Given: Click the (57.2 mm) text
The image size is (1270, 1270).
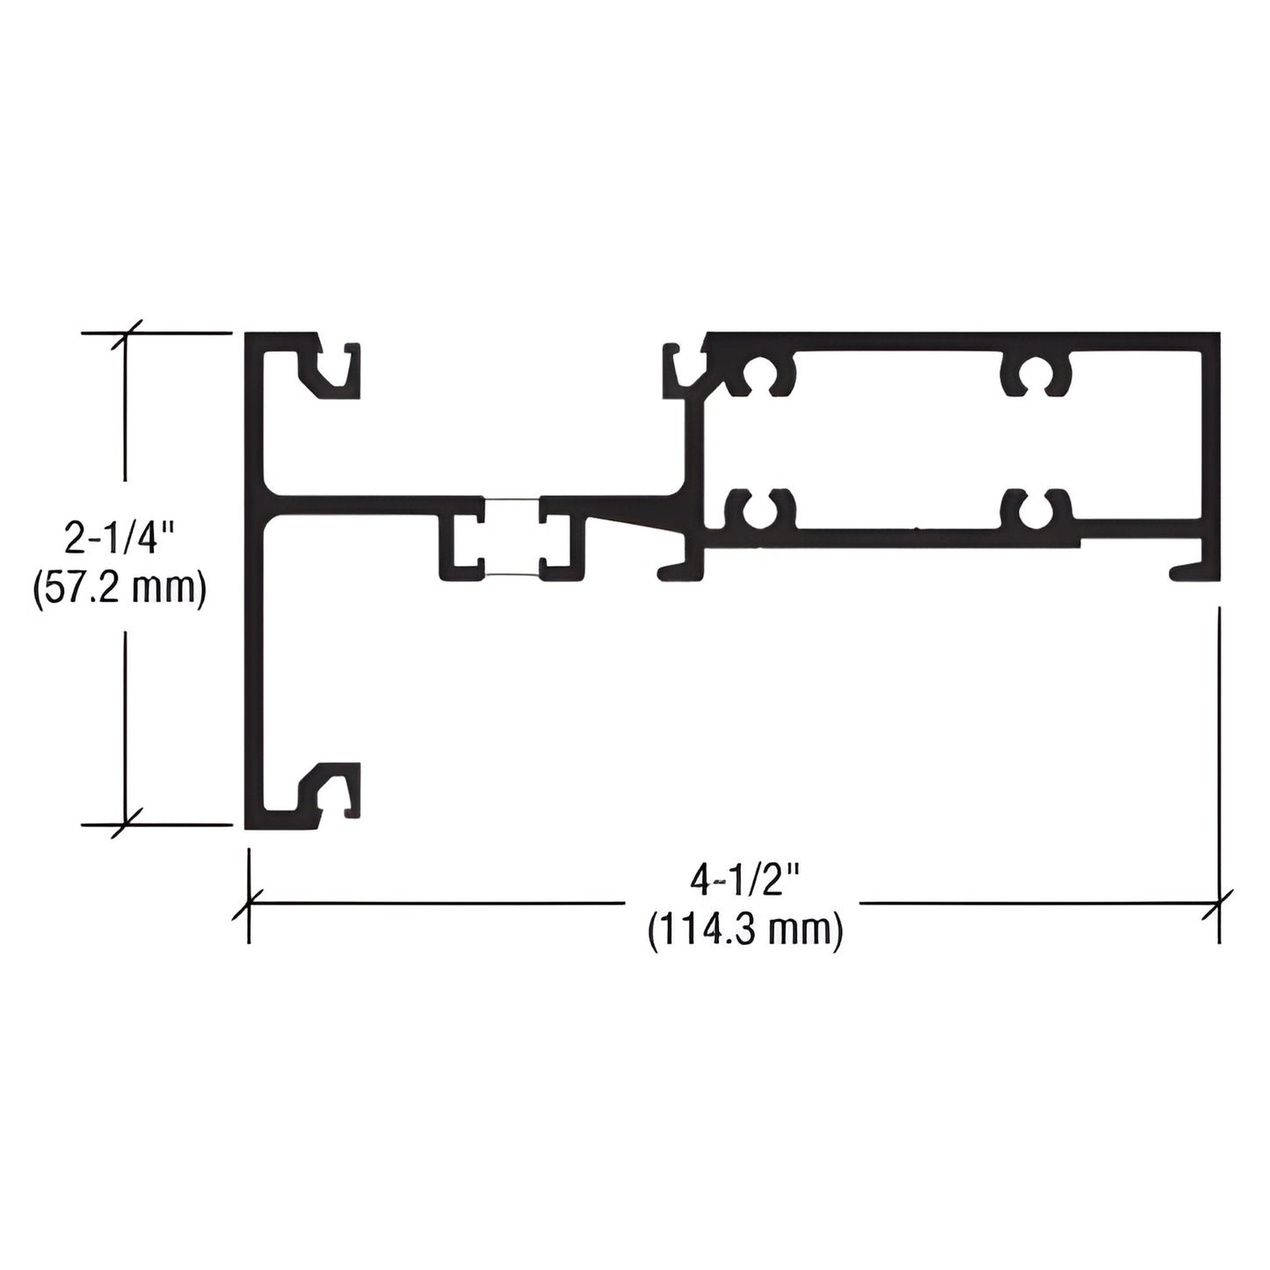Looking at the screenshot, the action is pyautogui.click(x=120, y=589).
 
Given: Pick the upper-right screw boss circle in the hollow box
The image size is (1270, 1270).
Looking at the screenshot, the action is pyautogui.click(x=1035, y=375).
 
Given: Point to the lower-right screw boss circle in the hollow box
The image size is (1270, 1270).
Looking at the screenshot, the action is pyautogui.click(x=1035, y=508).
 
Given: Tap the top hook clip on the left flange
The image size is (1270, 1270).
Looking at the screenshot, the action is pyautogui.click(x=330, y=371).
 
